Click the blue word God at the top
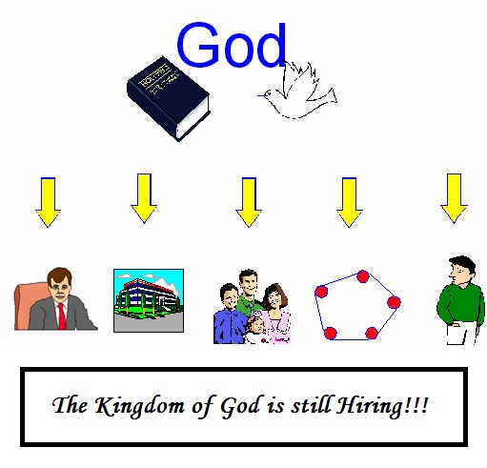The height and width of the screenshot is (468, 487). coord(231,45)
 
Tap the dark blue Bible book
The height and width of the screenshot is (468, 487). coord(168,98)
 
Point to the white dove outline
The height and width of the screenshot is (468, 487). coord(297,90)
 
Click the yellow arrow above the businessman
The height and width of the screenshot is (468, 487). coord(48,202)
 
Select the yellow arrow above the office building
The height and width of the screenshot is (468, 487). coord(144,198)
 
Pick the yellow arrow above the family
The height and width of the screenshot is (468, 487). coord(249,202)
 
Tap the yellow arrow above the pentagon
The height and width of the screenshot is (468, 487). coord(349,202)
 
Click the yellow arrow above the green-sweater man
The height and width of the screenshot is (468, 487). coord(454,198)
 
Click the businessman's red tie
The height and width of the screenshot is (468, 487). coord(62,315)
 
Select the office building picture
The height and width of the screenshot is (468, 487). coord(149,300)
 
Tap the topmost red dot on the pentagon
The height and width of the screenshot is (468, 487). coord(363,276)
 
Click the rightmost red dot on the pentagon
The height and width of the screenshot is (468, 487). coord(394,302)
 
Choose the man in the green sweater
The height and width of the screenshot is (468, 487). coord(461,300)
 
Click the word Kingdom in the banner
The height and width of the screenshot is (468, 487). coord(139,407)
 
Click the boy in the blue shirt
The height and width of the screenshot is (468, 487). coord(230,315)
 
